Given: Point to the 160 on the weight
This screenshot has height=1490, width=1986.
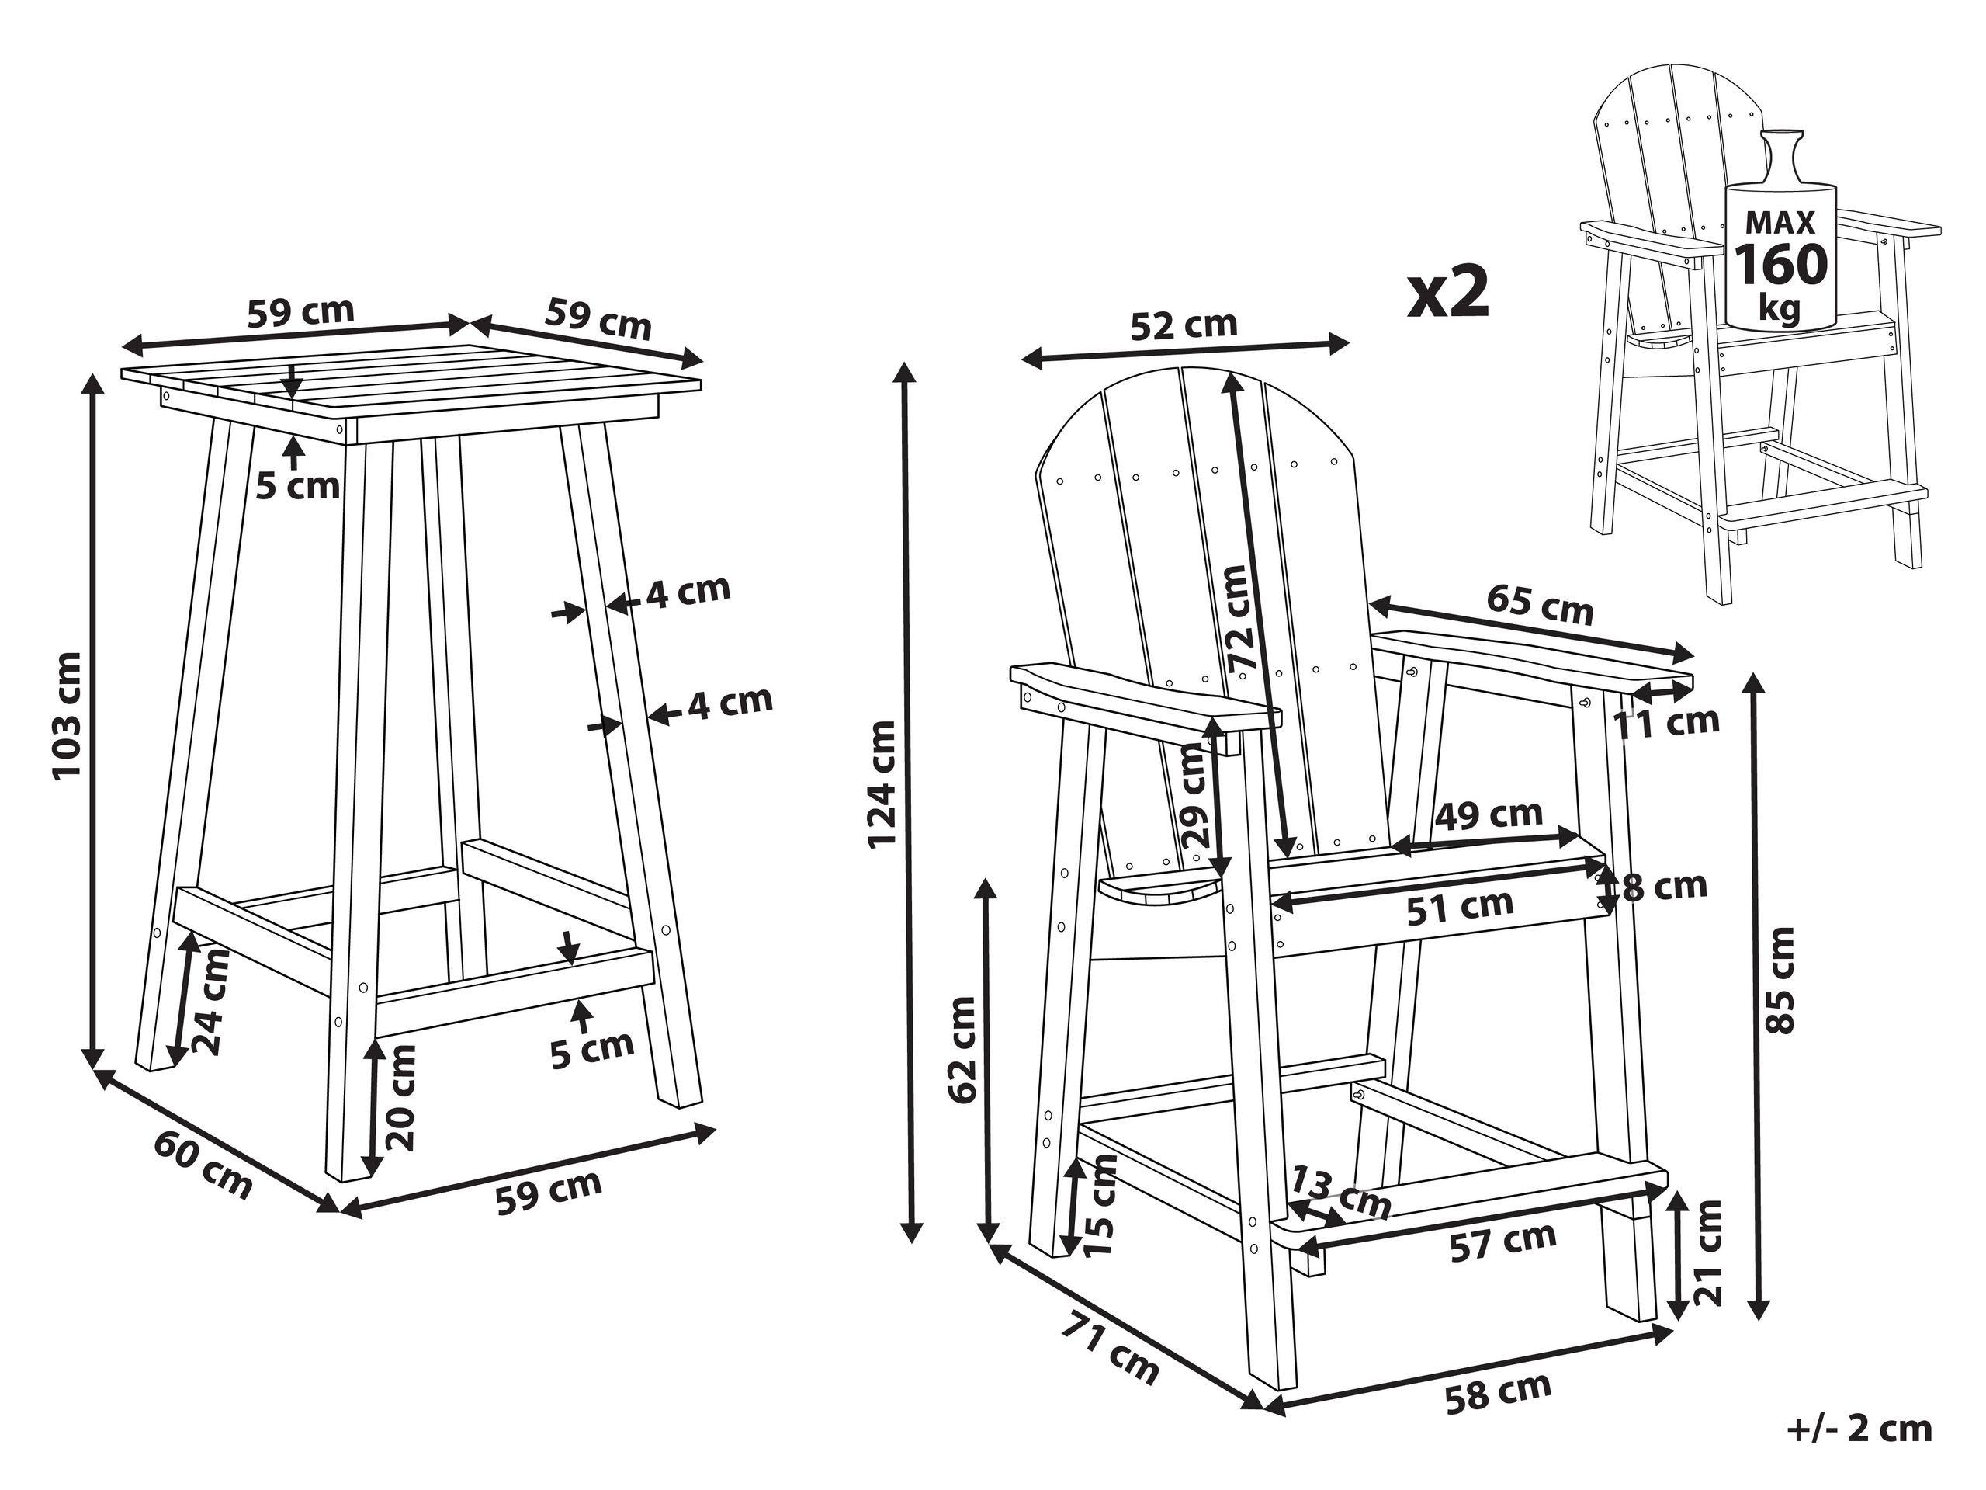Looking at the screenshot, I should pos(1780,263).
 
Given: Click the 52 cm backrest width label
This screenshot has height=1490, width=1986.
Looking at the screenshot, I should pos(1183,325).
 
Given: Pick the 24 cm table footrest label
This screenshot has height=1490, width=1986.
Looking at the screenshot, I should pos(213,1002).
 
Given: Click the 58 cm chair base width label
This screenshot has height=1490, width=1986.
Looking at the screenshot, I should pos(1497,1393).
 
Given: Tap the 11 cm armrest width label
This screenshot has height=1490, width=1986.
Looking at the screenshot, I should pos(1667,721).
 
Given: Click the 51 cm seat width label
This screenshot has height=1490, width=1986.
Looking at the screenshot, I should pos(1459,906).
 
